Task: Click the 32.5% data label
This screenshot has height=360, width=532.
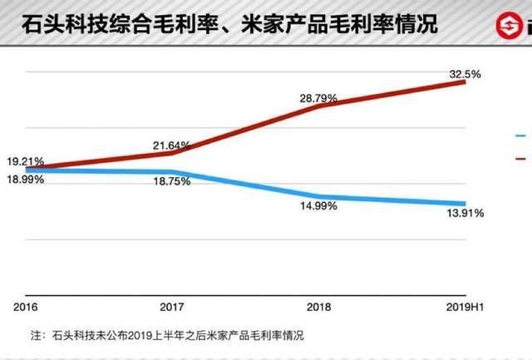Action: click(464, 74)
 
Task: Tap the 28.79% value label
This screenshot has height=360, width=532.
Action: click(319, 98)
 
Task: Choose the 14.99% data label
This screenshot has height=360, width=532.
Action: click(319, 206)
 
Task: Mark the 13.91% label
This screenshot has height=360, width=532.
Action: click(465, 214)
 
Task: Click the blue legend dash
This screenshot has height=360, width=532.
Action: click(520, 135)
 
